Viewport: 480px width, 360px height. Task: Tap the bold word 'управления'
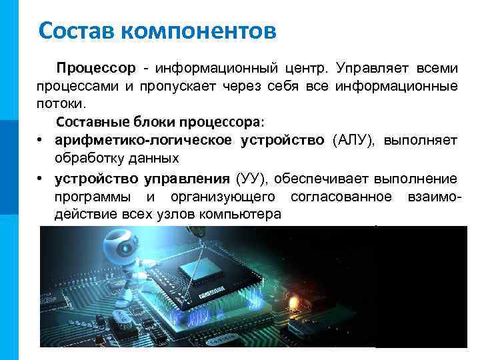pyautogui.click(x=185, y=179)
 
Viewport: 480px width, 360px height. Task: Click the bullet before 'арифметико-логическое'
pyautogui.click(x=41, y=141)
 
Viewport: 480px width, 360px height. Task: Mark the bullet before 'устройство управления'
pyautogui.click(x=41, y=179)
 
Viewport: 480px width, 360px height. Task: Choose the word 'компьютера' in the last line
pyautogui.click(x=243, y=215)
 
